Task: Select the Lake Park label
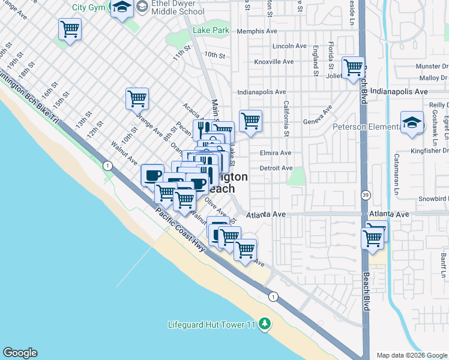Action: pyautogui.click(x=211, y=30)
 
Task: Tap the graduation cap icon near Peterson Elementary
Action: pyautogui.click(x=412, y=123)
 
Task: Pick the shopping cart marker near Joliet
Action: pyautogui.click(x=353, y=67)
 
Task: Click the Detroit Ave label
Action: pyautogui.click(x=276, y=168)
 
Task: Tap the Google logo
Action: pyautogui.click(x=20, y=353)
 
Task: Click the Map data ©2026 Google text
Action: pyautogui.click(x=412, y=355)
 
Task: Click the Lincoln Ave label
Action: pyautogui.click(x=289, y=46)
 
